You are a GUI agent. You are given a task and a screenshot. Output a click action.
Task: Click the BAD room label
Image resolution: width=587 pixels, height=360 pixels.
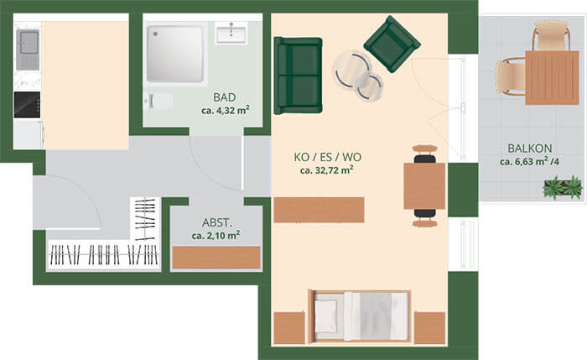225,97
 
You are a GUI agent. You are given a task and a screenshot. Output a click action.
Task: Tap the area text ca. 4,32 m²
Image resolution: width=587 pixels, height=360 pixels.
226,111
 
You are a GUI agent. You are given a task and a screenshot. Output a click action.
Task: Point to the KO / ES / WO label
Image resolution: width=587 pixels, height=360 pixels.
328,157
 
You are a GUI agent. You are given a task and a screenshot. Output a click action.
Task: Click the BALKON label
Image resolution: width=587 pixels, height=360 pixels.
530,149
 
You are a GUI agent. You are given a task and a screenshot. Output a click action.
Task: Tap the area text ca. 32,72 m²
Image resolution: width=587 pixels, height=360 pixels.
327,170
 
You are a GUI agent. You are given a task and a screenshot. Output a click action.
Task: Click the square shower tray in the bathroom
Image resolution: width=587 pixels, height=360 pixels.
174,54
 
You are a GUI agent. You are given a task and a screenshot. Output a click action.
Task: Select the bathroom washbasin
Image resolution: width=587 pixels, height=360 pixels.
231,33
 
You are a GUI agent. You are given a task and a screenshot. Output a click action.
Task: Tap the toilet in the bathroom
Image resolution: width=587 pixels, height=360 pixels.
158,102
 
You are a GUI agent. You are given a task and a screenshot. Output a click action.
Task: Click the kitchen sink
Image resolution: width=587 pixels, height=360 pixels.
28,45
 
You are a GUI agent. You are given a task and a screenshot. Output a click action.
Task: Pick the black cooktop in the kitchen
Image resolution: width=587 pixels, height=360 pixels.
27,105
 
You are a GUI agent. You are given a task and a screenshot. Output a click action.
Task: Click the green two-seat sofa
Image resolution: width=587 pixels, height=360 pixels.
298,76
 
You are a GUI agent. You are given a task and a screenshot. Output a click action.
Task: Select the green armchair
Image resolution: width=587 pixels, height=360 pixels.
392,44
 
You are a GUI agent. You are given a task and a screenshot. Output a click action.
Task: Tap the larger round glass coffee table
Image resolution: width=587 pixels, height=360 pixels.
352,70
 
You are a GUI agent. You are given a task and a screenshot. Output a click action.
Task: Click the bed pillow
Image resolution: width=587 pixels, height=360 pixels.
325,316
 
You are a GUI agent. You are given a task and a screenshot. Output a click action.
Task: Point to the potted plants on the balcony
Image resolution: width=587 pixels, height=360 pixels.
564,187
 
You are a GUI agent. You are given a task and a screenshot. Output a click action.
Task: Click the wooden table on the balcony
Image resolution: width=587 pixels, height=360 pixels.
552,77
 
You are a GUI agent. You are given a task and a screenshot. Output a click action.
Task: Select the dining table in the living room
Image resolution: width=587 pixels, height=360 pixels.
424,185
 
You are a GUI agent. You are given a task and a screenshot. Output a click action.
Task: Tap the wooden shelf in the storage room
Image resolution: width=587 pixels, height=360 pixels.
216,258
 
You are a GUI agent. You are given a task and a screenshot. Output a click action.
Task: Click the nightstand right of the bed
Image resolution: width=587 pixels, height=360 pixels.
429,327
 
